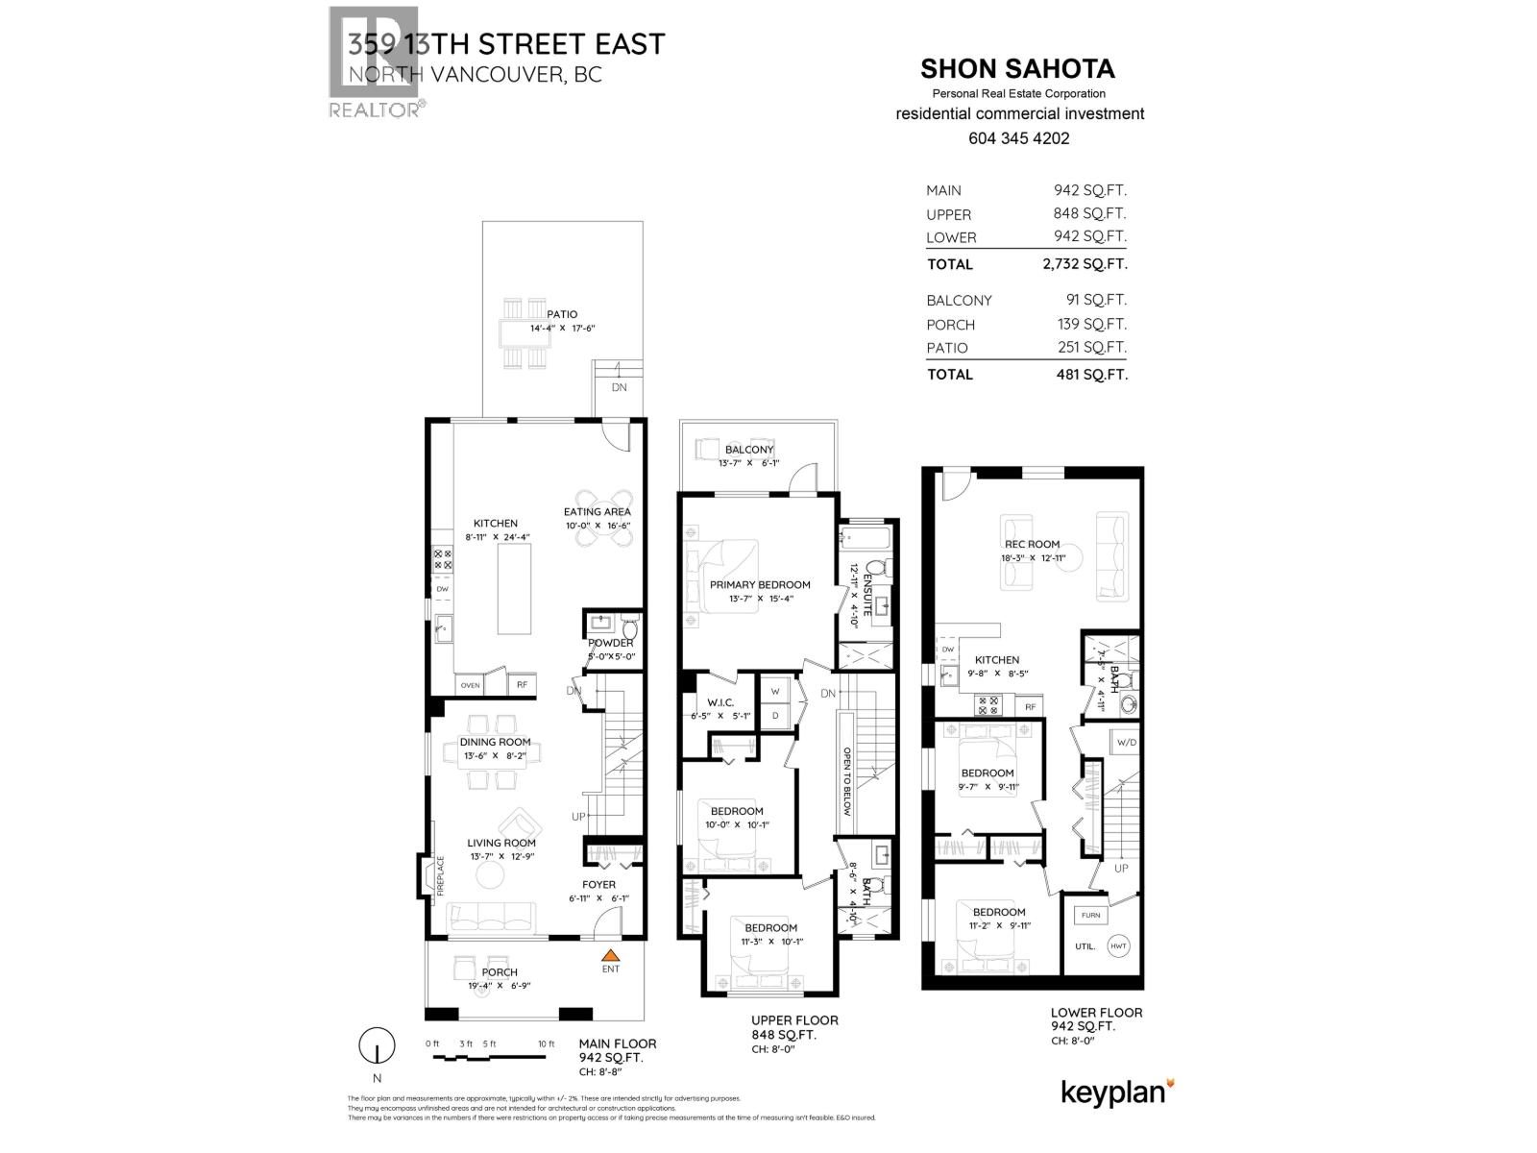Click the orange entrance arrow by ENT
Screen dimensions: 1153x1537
point(609,955)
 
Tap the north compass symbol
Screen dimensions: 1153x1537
point(378,1045)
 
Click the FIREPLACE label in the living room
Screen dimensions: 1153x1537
point(441,875)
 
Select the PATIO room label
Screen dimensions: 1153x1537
point(562,314)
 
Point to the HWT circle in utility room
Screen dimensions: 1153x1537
point(1118,945)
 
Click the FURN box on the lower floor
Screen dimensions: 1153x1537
point(1090,915)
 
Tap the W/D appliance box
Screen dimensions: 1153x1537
point(1126,742)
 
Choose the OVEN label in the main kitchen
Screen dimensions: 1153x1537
point(470,685)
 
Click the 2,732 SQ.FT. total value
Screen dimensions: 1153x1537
point(1085,264)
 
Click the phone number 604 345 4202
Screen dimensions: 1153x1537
point(1019,138)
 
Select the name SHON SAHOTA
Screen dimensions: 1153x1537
point(1017,69)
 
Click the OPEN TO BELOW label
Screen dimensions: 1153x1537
point(847,781)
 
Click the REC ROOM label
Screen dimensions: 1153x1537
point(1032,544)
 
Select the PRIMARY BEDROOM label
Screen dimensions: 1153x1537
point(760,584)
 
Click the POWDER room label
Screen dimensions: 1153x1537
point(611,643)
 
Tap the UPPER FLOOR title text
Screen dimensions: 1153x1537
point(794,1020)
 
